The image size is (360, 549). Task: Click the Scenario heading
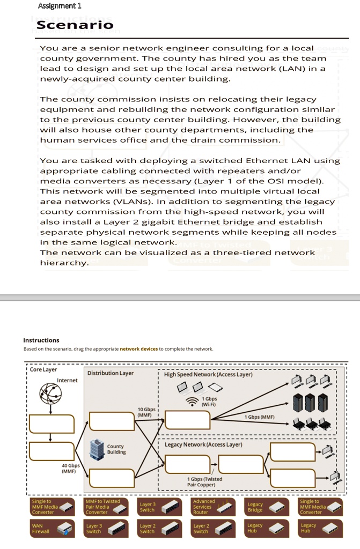pos(75,25)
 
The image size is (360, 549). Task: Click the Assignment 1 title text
pos(60,6)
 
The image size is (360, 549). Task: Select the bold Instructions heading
pos(41,340)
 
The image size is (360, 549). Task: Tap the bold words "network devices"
pos(139,349)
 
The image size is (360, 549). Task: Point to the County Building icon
pos(97,449)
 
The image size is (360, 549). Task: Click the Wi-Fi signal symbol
pos(192,402)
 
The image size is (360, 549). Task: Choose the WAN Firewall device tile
pos(53,529)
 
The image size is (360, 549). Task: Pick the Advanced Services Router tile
pos(214,507)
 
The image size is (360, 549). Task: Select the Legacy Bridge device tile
pos(267,507)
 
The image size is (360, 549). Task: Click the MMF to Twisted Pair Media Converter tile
pos(106,507)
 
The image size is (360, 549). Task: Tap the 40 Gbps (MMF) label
pos(71,469)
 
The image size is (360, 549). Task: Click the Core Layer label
pos(43,369)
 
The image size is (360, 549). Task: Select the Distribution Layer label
pos(111,373)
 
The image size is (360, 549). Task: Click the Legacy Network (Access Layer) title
pos(203,444)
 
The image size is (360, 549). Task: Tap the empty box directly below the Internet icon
pos(52,424)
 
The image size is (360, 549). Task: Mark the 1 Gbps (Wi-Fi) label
pos(210,402)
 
